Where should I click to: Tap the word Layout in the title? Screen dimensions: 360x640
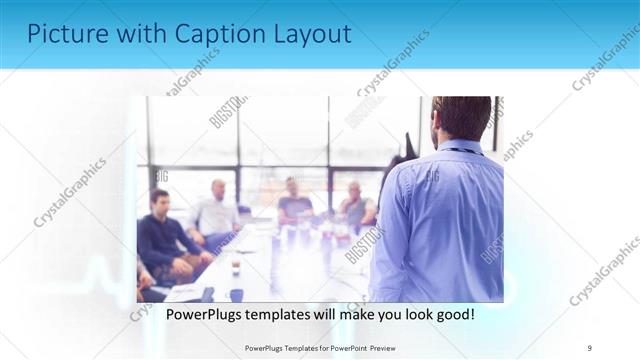pyautogui.click(x=311, y=34)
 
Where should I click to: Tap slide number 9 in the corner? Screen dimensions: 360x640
pyautogui.click(x=590, y=347)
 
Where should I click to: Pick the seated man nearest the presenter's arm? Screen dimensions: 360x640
pyautogui.click(x=354, y=206)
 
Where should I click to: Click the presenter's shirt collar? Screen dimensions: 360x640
pyautogui.click(x=461, y=148)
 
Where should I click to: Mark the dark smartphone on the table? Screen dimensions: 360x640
pyautogui.click(x=207, y=294)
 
